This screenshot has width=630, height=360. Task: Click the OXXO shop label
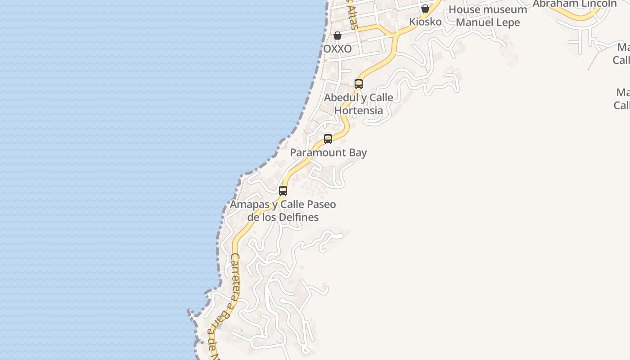pos(337,49)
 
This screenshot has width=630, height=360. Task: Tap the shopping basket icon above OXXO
pos(337,36)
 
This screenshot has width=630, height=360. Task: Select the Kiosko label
pos(425,22)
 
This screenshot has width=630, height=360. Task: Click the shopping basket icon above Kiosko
pos(425,9)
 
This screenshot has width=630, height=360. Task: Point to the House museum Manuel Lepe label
pos(488,16)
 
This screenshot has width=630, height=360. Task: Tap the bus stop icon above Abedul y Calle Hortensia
pos(359,84)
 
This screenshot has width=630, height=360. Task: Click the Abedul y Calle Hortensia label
pos(359,104)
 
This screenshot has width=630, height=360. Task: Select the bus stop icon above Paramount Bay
pos(328,139)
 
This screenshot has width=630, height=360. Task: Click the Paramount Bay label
pos(328,153)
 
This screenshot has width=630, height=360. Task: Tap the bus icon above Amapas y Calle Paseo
pos(283,190)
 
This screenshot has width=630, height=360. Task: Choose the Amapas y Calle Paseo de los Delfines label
pos(283,211)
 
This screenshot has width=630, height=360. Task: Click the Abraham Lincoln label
pos(575,4)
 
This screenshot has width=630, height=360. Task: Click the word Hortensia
pos(359,110)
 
